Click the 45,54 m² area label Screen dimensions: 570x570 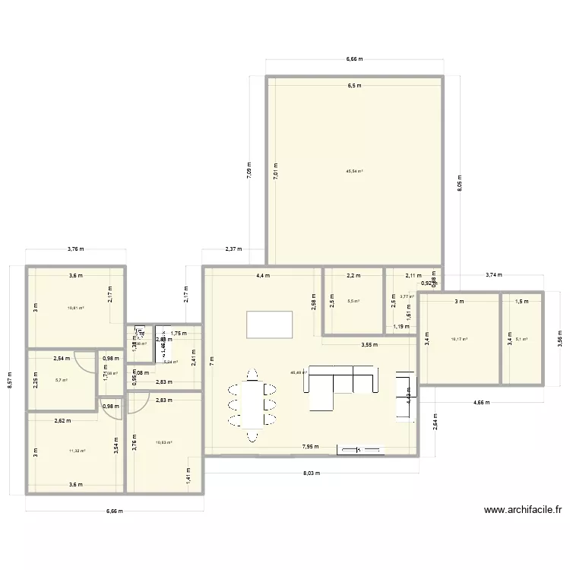(354, 171)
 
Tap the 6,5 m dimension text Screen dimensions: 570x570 (354, 86)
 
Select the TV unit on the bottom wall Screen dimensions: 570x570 (355, 450)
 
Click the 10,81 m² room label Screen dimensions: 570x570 (75, 308)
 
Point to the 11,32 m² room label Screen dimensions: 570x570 (77, 451)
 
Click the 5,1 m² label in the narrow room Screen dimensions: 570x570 (522, 339)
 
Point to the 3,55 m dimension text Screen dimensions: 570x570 (369, 344)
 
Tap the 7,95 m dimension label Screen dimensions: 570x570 (310, 447)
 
